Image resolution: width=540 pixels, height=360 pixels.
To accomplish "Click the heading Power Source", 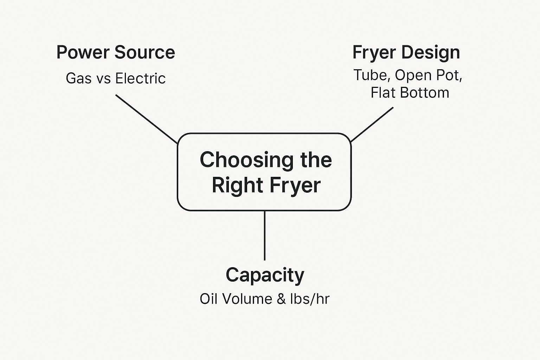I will (116, 52).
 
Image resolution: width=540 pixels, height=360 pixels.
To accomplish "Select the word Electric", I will (140, 78).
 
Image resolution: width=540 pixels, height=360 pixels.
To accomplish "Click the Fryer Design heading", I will (406, 52).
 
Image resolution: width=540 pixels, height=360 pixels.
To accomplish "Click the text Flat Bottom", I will (410, 92).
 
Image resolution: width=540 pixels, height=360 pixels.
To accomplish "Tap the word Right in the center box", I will (232, 185).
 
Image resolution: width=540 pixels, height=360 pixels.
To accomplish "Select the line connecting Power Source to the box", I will (147, 119).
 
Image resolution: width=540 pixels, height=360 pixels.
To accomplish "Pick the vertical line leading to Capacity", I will (264, 236).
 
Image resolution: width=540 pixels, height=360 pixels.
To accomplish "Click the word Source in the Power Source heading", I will (145, 52).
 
